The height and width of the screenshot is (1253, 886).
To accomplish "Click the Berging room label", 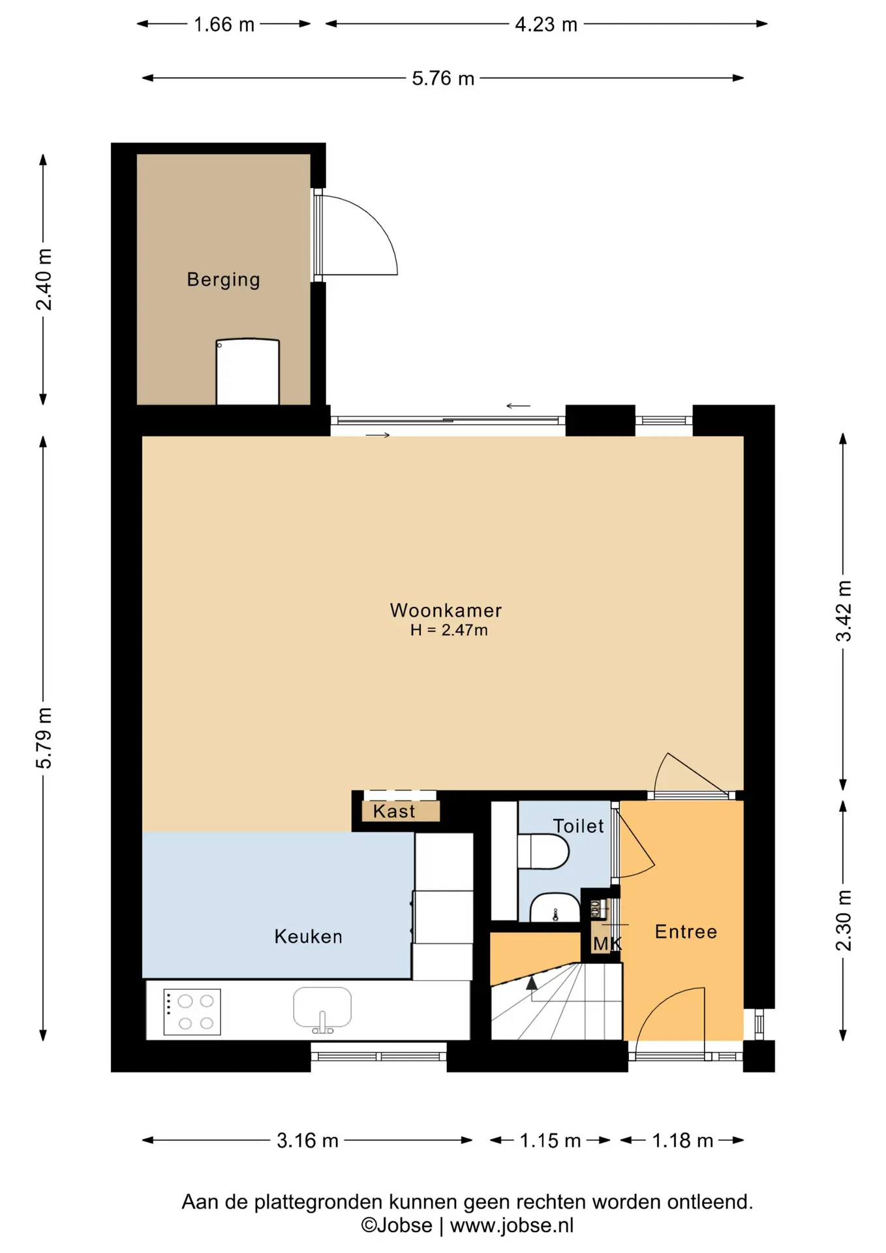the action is (223, 280).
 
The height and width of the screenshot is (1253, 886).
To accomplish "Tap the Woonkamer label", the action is (446, 610).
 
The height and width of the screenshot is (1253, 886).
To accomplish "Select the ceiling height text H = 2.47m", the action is (449, 630).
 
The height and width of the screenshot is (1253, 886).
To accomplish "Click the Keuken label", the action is (308, 936).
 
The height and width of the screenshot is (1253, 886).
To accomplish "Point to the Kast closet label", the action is (394, 811).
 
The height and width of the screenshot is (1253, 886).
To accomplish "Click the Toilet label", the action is (578, 826).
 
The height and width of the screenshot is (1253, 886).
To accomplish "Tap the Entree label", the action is (686, 932).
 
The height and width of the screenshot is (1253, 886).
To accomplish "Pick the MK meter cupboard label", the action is (607, 944).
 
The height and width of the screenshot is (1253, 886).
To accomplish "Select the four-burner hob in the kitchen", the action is (192, 1013).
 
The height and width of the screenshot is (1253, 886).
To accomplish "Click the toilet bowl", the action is (543, 852).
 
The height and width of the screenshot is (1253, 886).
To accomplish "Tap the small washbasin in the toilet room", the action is (555, 908).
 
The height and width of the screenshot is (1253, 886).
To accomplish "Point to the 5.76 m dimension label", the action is (443, 78).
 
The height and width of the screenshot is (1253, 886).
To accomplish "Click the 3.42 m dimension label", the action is (844, 611).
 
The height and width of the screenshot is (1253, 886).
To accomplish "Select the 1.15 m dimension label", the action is (550, 1141).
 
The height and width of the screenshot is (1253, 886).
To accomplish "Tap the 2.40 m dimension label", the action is (44, 279).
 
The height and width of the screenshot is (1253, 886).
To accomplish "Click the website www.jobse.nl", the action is (512, 1226).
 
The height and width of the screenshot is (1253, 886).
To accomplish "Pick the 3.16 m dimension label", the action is (307, 1141).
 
